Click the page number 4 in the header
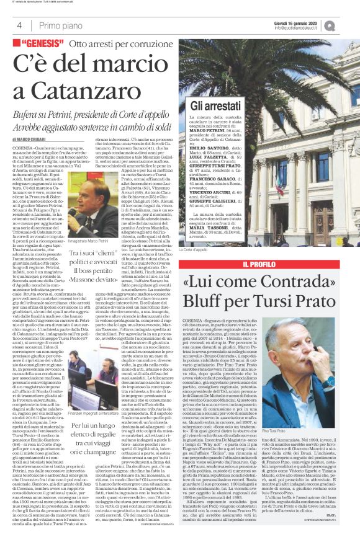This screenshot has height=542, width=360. coord(19,25)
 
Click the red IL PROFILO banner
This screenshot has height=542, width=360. coord(268,266)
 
